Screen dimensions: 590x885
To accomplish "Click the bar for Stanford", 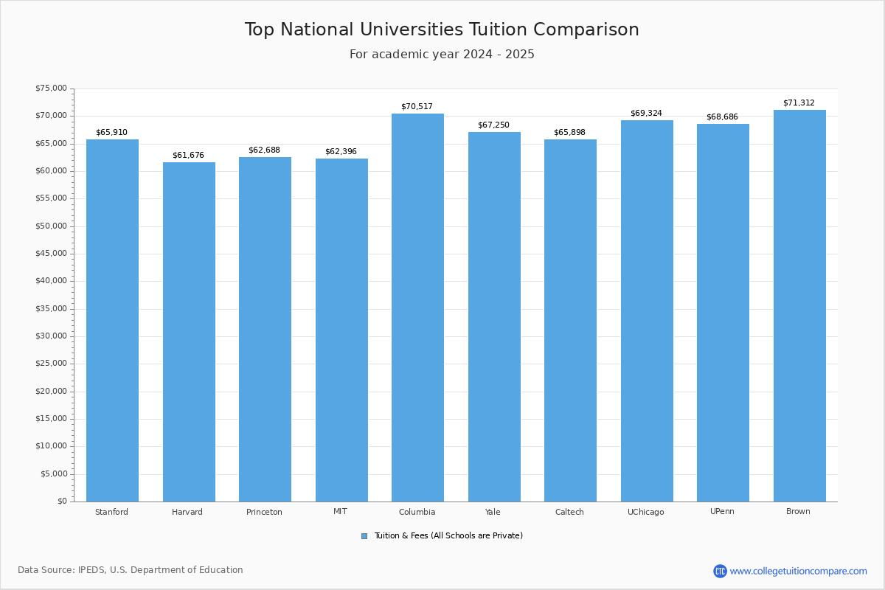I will [112, 321].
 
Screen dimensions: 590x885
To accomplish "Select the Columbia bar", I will [417, 308].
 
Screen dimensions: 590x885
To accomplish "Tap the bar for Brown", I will [799, 306].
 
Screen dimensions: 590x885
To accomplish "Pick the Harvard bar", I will [189, 332].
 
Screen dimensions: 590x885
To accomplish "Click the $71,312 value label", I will [799, 103].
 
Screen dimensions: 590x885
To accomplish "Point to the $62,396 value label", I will [341, 152].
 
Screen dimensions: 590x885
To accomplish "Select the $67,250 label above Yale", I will [493, 125].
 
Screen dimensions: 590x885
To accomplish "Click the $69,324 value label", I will [646, 114].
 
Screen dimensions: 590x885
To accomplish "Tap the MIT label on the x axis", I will [340, 512].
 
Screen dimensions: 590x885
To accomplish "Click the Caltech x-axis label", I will [569, 512].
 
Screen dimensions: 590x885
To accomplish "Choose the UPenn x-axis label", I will [722, 512].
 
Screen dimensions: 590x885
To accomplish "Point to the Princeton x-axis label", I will [264, 512].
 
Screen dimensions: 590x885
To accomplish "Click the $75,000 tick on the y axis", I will [51, 88].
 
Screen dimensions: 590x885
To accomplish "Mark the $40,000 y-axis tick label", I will [51, 281].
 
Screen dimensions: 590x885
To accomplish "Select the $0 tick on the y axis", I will [62, 502].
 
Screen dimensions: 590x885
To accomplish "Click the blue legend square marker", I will [364, 536].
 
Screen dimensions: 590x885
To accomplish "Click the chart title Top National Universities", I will [442, 29].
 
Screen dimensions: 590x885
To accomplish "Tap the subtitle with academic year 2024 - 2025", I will [442, 55].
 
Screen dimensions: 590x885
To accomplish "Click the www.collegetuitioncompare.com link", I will [798, 571].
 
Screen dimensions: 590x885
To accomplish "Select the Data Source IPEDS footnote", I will [131, 570].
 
